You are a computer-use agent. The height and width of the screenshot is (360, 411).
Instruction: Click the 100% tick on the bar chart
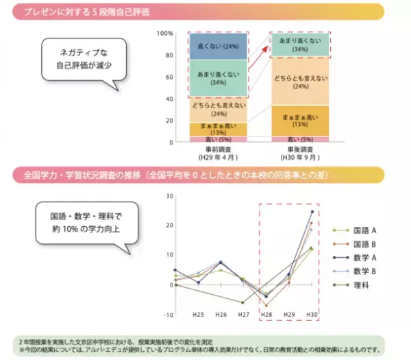164,33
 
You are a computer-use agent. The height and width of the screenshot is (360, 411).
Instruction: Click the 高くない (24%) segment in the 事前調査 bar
217,46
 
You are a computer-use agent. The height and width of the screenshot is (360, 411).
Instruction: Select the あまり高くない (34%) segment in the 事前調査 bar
217,78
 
